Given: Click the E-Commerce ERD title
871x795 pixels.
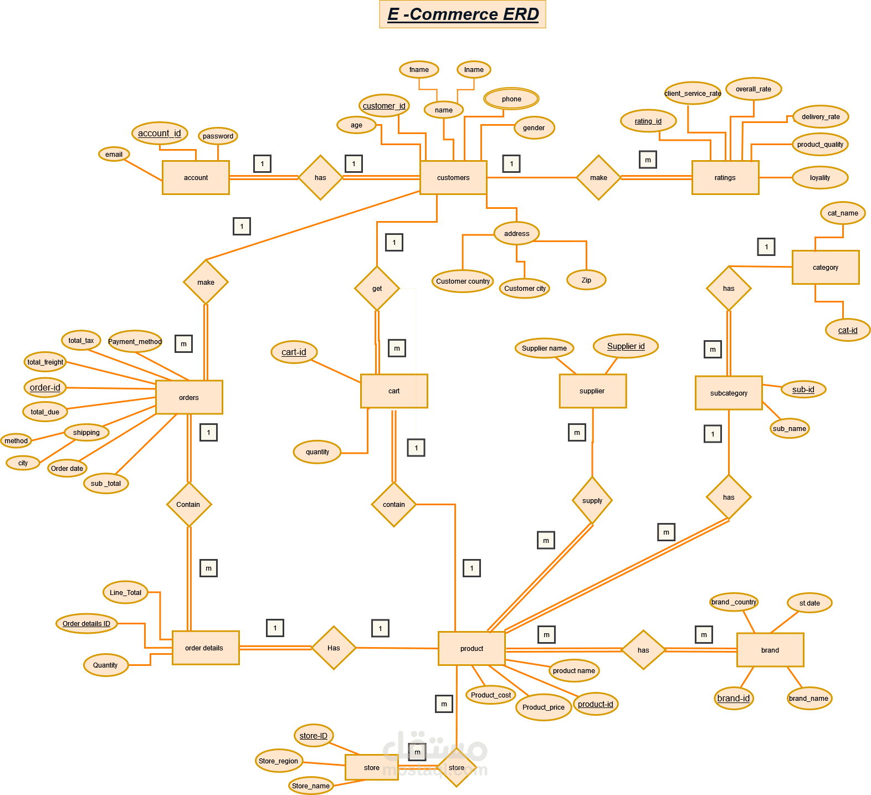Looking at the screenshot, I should [x=463, y=14].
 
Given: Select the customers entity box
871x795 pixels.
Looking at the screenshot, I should [x=453, y=178].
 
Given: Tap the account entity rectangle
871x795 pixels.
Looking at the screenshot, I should [x=196, y=178].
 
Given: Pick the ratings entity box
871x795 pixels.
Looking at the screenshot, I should [x=725, y=178].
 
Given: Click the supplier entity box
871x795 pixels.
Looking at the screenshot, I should [x=592, y=391].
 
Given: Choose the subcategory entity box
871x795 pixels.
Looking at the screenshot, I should [x=729, y=393].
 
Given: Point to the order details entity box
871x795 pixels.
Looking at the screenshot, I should [x=205, y=648].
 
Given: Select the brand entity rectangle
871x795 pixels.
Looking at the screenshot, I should [x=770, y=650].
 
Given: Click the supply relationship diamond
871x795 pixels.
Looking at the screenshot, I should [x=592, y=501].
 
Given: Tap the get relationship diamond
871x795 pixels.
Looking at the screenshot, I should [x=377, y=289].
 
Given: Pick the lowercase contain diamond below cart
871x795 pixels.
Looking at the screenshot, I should [x=393, y=505].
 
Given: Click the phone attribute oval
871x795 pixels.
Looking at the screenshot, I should [x=511, y=99].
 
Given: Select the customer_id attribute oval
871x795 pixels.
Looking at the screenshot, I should [x=384, y=106].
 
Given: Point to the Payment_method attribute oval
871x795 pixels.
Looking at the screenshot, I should [x=135, y=341].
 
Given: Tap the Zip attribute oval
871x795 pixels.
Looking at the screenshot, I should [x=586, y=280].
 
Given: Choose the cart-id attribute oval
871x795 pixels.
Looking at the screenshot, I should [x=294, y=352].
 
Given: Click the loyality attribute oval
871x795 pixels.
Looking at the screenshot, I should [x=820, y=178].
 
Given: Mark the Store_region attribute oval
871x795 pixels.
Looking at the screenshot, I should [x=279, y=761].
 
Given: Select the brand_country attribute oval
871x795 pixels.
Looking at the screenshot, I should [x=734, y=602].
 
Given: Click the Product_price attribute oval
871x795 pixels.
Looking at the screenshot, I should [x=543, y=707].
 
